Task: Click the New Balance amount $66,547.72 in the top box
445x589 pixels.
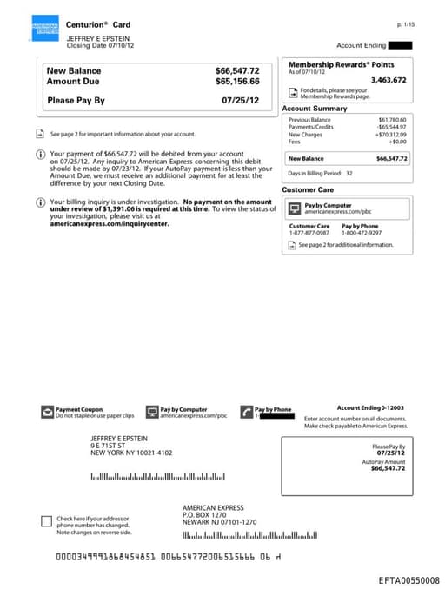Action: (237, 70)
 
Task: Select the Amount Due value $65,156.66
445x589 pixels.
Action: (237, 81)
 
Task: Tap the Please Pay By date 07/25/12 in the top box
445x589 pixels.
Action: (240, 101)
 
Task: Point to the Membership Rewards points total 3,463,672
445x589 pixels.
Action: (388, 80)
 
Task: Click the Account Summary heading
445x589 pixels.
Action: (315, 109)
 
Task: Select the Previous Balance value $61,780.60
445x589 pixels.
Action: (392, 120)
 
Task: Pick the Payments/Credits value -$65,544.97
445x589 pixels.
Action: (391, 128)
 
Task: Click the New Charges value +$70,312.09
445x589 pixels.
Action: (391, 135)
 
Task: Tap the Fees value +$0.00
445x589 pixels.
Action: (397, 142)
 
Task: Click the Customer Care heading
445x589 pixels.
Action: (308, 189)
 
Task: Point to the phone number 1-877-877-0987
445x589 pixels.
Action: (309, 233)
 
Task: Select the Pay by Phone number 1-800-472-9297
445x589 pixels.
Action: (361, 233)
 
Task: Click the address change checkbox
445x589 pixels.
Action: (47, 521)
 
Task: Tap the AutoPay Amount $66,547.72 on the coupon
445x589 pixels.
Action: (388, 468)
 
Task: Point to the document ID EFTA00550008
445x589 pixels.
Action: (409, 579)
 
